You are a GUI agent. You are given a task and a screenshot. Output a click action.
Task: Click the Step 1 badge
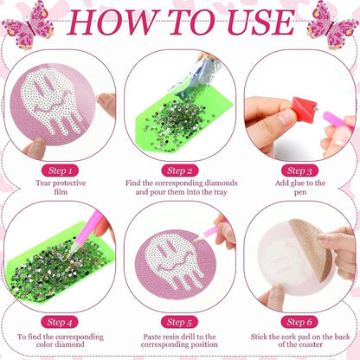[x=60, y=170]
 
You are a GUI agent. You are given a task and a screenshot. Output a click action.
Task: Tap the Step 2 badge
[x=180, y=170]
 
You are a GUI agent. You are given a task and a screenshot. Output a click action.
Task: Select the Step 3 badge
[x=299, y=170]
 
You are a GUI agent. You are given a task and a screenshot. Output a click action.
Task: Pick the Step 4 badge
[x=60, y=322]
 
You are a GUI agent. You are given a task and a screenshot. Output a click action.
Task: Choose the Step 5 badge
[x=179, y=322]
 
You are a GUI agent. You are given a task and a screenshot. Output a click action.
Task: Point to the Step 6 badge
[x=299, y=322]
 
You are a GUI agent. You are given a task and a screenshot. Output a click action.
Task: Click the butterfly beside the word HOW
[x=28, y=25]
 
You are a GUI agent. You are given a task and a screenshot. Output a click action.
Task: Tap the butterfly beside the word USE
[x=332, y=25]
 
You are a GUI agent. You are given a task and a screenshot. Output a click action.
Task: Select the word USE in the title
[x=261, y=22]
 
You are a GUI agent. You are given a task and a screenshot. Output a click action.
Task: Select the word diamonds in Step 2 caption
[x=221, y=183]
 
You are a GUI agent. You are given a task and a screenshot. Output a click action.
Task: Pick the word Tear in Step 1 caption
[x=43, y=183]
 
